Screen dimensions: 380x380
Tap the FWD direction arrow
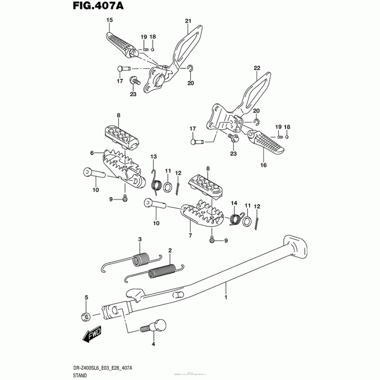click(92, 336)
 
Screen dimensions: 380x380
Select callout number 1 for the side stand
click(226, 297)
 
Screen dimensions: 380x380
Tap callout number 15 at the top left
click(110, 20)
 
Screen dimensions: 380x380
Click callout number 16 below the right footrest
click(264, 165)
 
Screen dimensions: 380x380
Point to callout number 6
click(92, 153)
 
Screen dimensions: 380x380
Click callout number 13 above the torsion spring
click(153, 157)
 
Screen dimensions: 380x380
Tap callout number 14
click(234, 203)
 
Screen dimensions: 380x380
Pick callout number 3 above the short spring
click(139, 238)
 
